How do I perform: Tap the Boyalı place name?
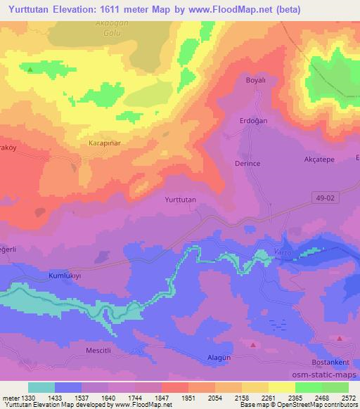[x=254, y=80]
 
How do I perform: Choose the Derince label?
[x=247, y=164]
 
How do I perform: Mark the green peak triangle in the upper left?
[x=30, y=69]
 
